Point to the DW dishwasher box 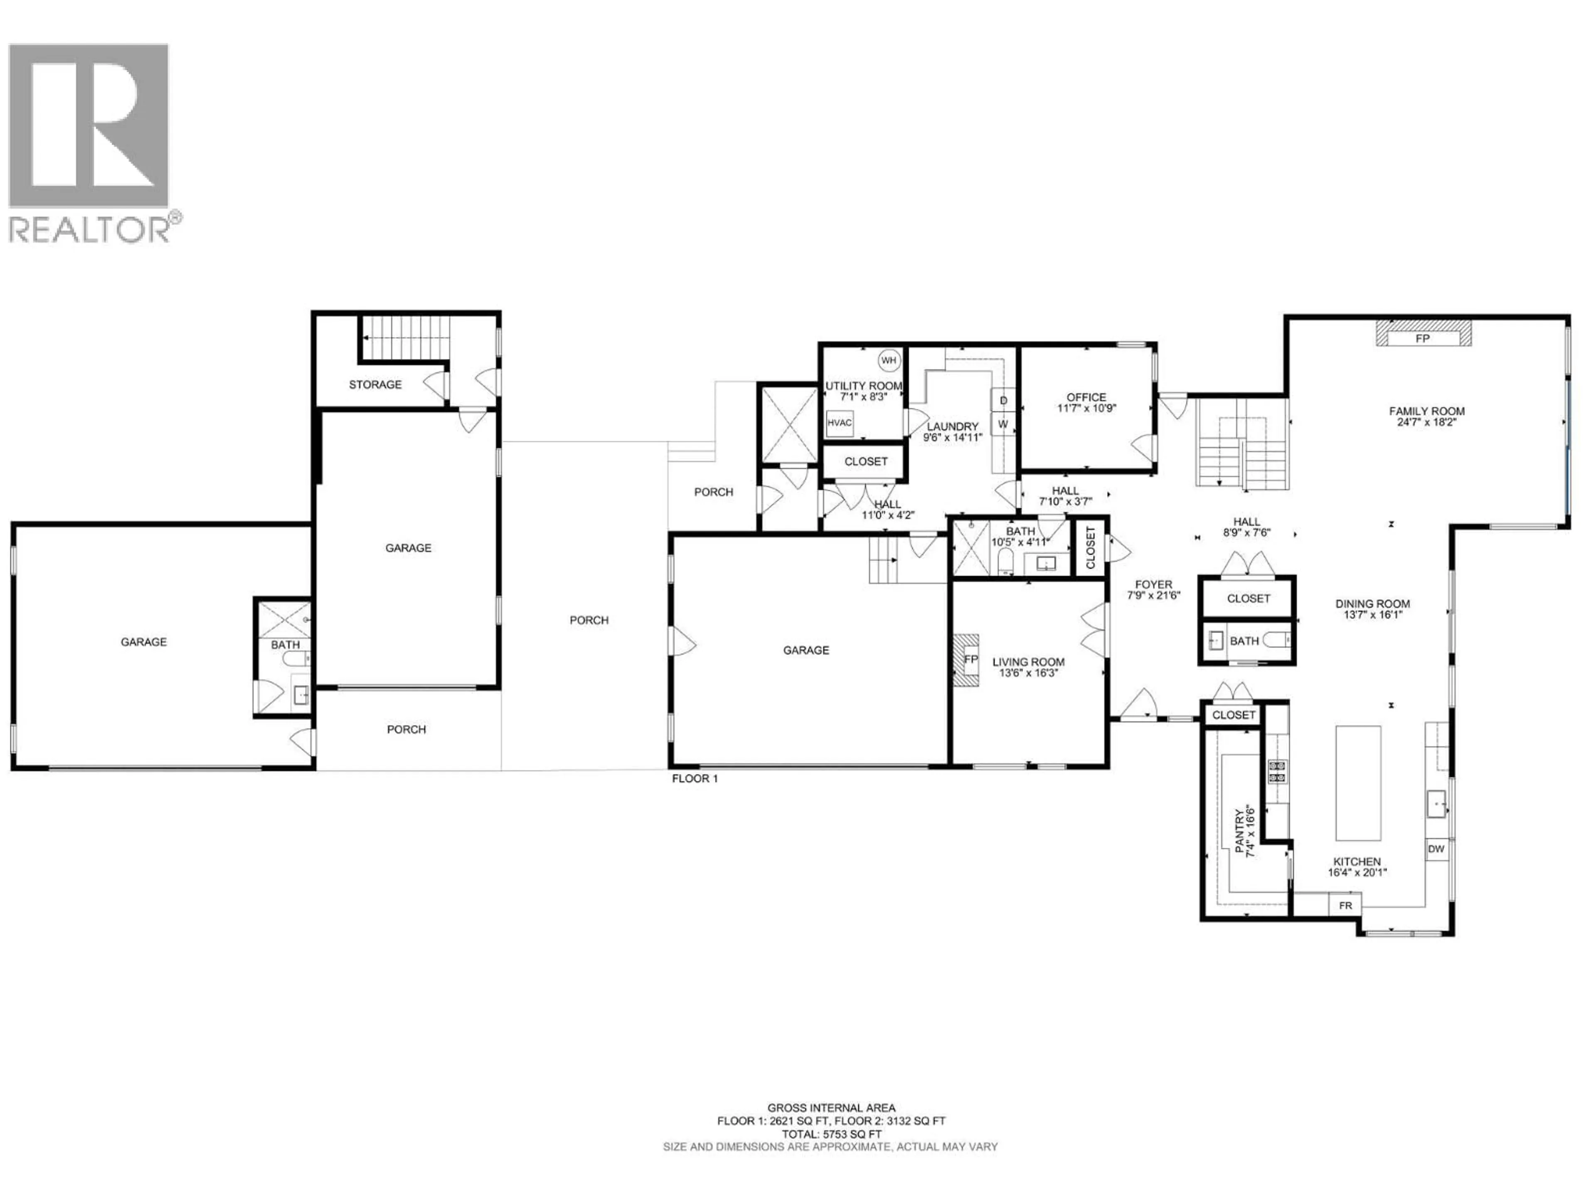point(1436,849)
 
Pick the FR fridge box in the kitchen point(1346,906)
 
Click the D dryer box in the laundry point(1003,400)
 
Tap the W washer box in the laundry point(1003,424)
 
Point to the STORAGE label point(375,384)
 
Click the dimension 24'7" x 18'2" point(1426,423)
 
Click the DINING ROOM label point(1372,604)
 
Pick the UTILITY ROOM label point(864,386)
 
